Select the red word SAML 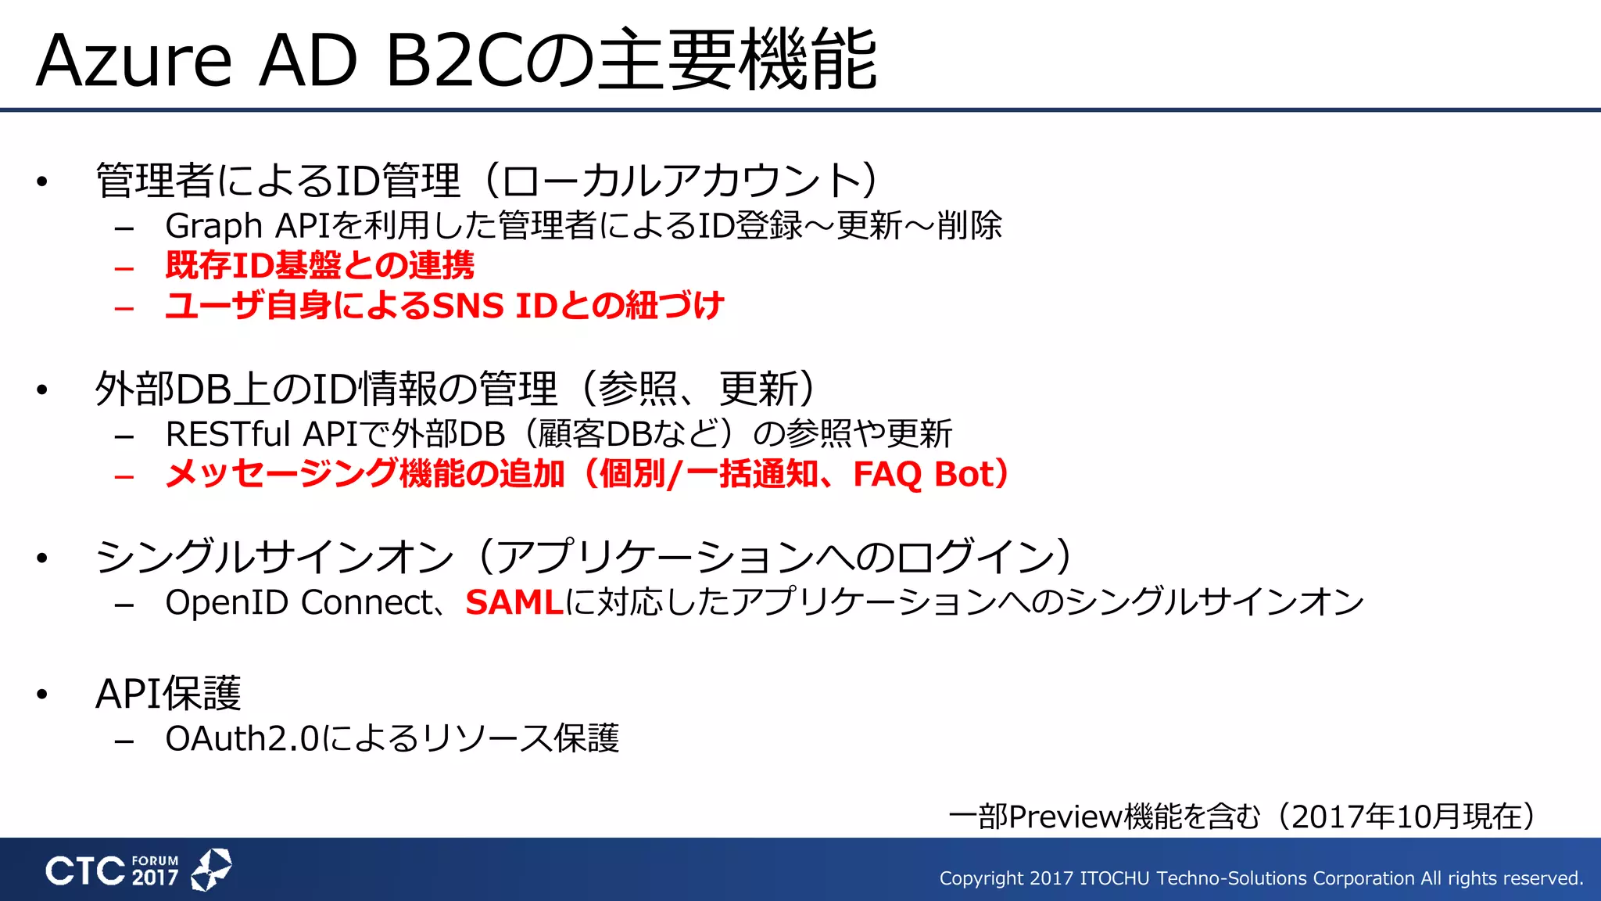pyautogui.click(x=514, y=602)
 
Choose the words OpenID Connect pyautogui.click(x=299, y=602)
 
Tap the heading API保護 pyautogui.click(x=168, y=693)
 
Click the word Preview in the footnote pyautogui.click(x=1065, y=817)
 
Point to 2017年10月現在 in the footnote pyautogui.click(x=1407, y=817)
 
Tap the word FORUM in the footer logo pyautogui.click(x=155, y=860)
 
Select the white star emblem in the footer pyautogui.click(x=211, y=869)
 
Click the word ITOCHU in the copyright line pyautogui.click(x=1114, y=878)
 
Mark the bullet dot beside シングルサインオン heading pyautogui.click(x=42, y=558)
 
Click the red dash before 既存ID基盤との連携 pyautogui.click(x=124, y=268)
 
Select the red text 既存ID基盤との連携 pyautogui.click(x=320, y=266)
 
